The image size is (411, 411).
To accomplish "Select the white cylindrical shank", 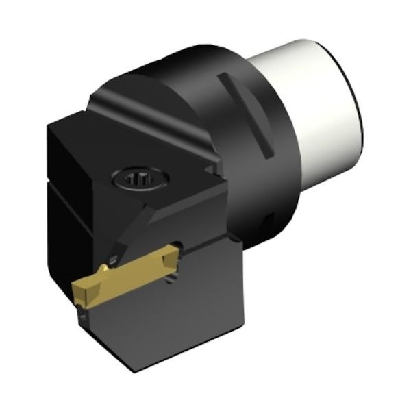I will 322,110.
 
